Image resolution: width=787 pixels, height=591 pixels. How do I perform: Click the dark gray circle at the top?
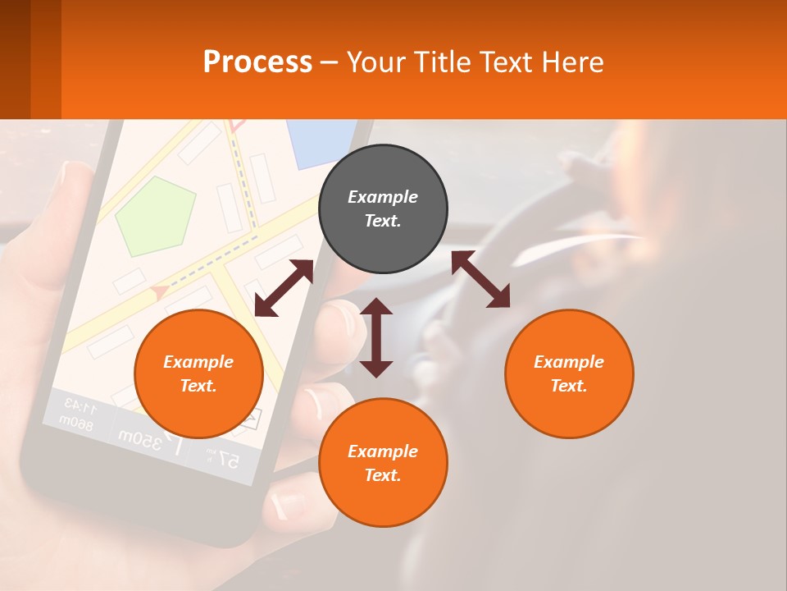[383, 209]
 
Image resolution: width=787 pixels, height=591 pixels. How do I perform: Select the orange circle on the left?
[198, 374]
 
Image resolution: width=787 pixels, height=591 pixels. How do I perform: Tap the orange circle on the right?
[569, 374]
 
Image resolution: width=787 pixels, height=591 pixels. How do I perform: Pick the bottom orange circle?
[383, 463]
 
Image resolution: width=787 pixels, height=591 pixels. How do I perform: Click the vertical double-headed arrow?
[376, 337]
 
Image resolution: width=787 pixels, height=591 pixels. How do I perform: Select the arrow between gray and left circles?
[284, 288]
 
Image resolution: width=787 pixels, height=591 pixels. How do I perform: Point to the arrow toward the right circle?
[480, 280]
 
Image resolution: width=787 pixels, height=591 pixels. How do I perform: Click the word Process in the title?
[257, 62]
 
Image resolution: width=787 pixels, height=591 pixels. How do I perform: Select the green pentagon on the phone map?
[156, 215]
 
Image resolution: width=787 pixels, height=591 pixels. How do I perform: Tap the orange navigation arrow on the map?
[160, 290]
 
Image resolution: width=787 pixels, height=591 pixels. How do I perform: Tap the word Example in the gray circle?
[383, 197]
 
